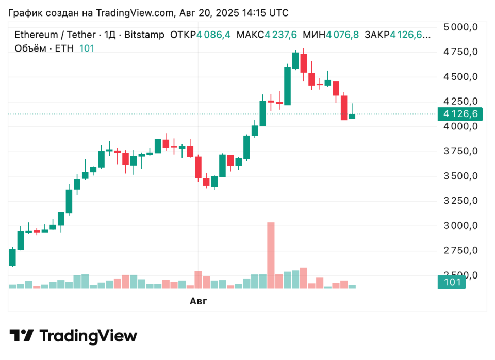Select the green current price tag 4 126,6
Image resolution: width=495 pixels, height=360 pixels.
click(451, 114)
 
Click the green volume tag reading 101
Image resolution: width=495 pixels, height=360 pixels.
click(451, 282)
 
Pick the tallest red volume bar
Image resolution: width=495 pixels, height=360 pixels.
click(271, 255)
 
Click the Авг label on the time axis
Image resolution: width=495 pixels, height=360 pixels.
click(198, 301)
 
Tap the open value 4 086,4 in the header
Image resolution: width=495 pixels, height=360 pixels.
click(213, 35)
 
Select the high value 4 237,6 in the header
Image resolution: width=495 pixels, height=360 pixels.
click(281, 35)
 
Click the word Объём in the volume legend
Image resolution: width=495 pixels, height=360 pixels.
click(29, 48)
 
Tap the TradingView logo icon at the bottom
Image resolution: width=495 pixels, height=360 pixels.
click(22, 336)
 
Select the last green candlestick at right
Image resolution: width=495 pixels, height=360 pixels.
click(352, 116)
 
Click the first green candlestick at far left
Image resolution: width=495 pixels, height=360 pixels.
click(12, 257)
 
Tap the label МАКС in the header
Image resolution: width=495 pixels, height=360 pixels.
click(250, 35)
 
